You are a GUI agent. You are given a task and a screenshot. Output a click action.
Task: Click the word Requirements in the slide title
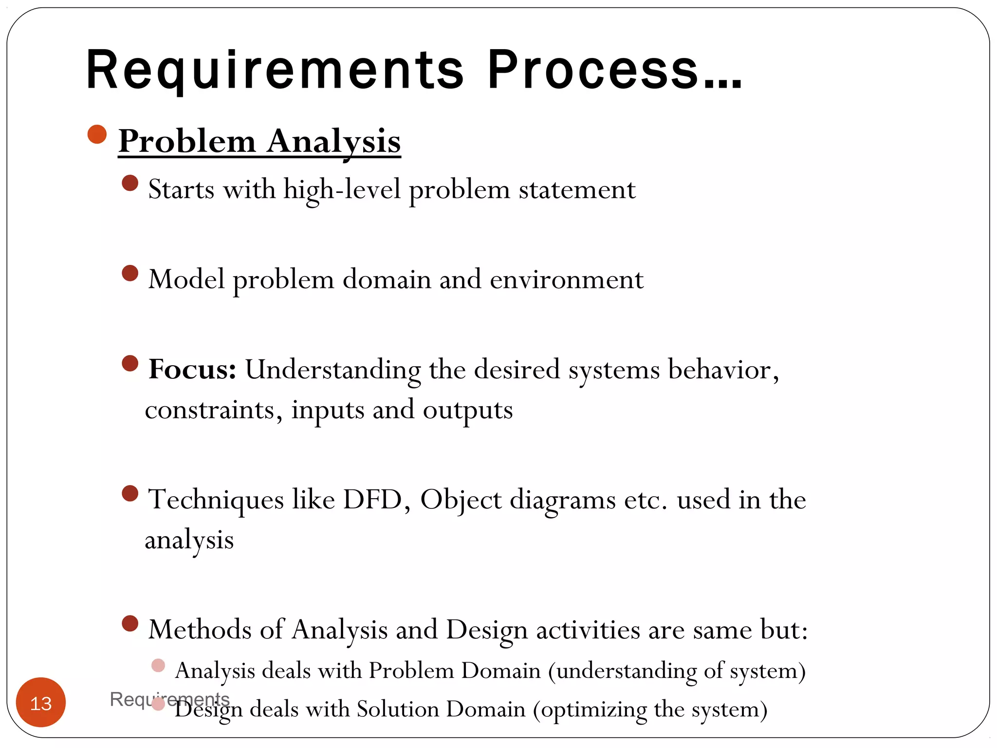(x=275, y=71)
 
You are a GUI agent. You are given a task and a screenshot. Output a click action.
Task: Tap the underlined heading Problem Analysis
(x=259, y=142)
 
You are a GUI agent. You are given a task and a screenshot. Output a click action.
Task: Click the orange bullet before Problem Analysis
(x=97, y=134)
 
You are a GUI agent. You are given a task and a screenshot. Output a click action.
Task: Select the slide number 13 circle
(x=41, y=703)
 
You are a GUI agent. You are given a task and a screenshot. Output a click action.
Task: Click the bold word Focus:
(x=193, y=370)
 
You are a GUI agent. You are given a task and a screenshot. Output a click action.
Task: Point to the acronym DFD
(x=372, y=500)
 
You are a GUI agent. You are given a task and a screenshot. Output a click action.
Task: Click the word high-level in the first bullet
(x=342, y=190)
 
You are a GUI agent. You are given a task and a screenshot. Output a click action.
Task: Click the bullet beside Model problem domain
(x=130, y=273)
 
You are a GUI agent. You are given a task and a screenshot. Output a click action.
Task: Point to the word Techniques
(x=216, y=500)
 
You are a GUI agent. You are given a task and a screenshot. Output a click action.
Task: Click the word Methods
(x=200, y=630)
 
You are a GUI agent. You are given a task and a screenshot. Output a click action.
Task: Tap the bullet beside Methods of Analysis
(x=130, y=623)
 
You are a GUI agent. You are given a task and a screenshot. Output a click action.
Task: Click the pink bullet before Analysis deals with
(x=158, y=665)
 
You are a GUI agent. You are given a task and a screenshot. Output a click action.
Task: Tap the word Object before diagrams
(x=461, y=500)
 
